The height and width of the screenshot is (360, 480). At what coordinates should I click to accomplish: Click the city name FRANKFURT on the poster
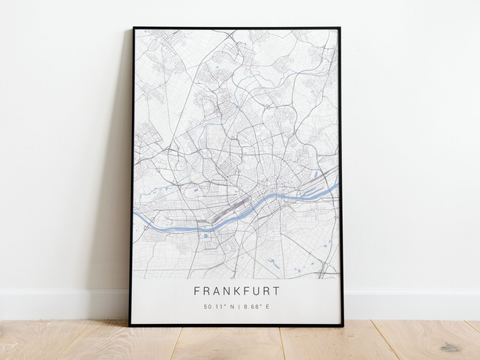point(236,291)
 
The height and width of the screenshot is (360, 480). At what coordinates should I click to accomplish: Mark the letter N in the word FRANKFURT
point(217,291)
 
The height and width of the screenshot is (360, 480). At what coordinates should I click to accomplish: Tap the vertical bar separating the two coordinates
point(236,306)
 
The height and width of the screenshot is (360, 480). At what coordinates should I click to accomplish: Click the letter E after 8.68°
point(268,306)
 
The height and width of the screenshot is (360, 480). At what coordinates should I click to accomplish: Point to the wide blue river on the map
point(172,223)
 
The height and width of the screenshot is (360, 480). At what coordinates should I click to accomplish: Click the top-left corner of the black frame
point(133,28)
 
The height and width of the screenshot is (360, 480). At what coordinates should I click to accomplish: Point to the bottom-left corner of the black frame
point(130,325)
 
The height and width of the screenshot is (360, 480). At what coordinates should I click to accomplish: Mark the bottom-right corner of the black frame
point(343,325)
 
